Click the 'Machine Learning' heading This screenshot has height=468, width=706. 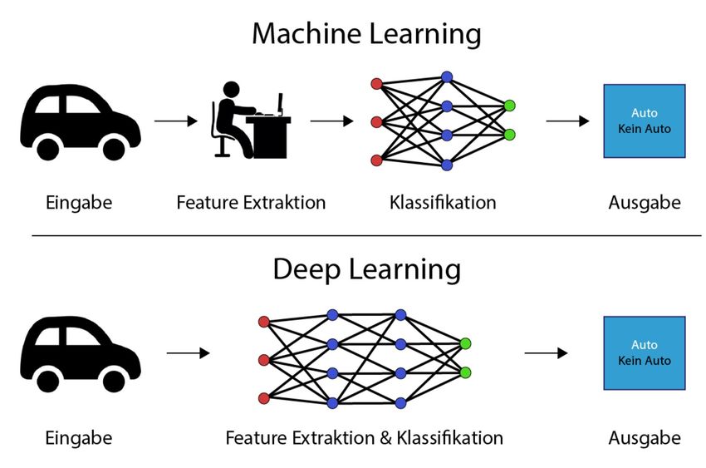[x=366, y=34]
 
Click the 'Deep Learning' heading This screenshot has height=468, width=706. [x=366, y=269]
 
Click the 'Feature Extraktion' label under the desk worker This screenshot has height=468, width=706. [x=251, y=202]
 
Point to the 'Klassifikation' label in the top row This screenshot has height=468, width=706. [x=443, y=202]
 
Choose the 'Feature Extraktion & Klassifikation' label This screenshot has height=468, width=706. [x=364, y=437]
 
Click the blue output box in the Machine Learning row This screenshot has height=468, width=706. [x=644, y=121]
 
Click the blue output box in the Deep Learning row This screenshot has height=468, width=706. [x=644, y=353]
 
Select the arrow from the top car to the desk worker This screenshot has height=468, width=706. [x=175, y=121]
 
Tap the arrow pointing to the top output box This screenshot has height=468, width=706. [x=567, y=121]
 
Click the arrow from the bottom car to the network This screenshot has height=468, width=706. [x=188, y=353]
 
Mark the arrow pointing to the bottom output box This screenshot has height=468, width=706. [x=546, y=353]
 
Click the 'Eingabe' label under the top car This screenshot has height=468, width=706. [x=79, y=202]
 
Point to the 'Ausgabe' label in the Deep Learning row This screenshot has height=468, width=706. [x=644, y=437]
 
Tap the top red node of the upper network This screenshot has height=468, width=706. [x=376, y=84]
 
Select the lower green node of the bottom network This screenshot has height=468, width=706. [x=465, y=372]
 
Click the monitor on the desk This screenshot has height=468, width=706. [x=280, y=104]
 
